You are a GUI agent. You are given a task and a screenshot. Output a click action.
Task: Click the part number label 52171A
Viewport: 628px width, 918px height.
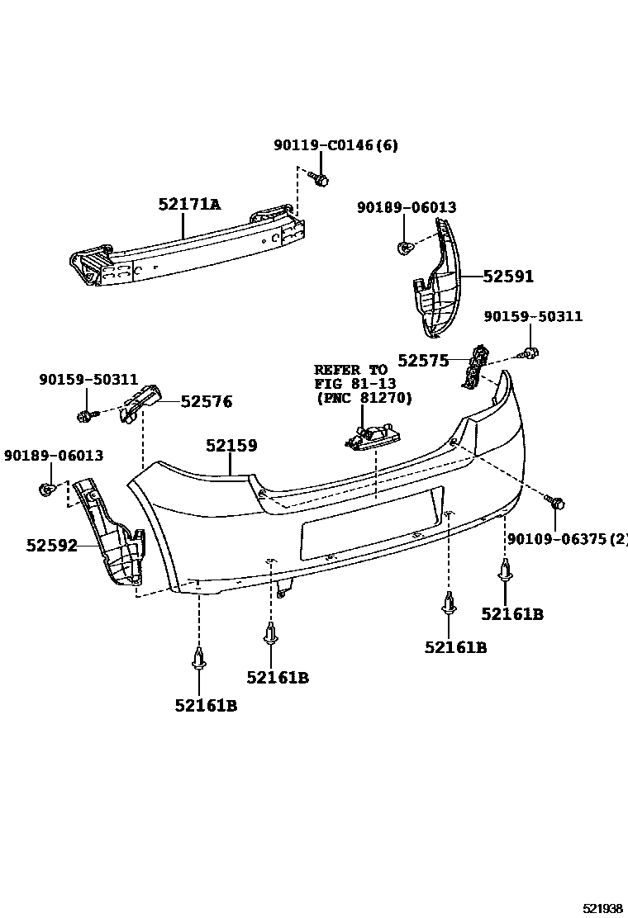189,204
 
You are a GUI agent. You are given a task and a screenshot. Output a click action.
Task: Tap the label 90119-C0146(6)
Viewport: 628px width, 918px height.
335,146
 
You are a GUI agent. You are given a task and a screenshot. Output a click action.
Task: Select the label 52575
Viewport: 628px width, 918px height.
422,360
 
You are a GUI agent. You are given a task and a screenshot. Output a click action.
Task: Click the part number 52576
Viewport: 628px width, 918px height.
207,402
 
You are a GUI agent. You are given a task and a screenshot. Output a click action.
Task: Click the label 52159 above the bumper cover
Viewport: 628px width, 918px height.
231,446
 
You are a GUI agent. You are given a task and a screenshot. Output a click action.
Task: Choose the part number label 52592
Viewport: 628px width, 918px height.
51,545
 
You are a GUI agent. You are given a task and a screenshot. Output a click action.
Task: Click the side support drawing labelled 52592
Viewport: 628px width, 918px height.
111,537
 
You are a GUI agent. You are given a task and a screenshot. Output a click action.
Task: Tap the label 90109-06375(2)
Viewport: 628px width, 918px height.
567,539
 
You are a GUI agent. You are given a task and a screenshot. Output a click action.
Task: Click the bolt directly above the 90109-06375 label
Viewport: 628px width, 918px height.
556,502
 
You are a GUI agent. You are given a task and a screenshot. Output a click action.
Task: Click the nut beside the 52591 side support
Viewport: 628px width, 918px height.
402,247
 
